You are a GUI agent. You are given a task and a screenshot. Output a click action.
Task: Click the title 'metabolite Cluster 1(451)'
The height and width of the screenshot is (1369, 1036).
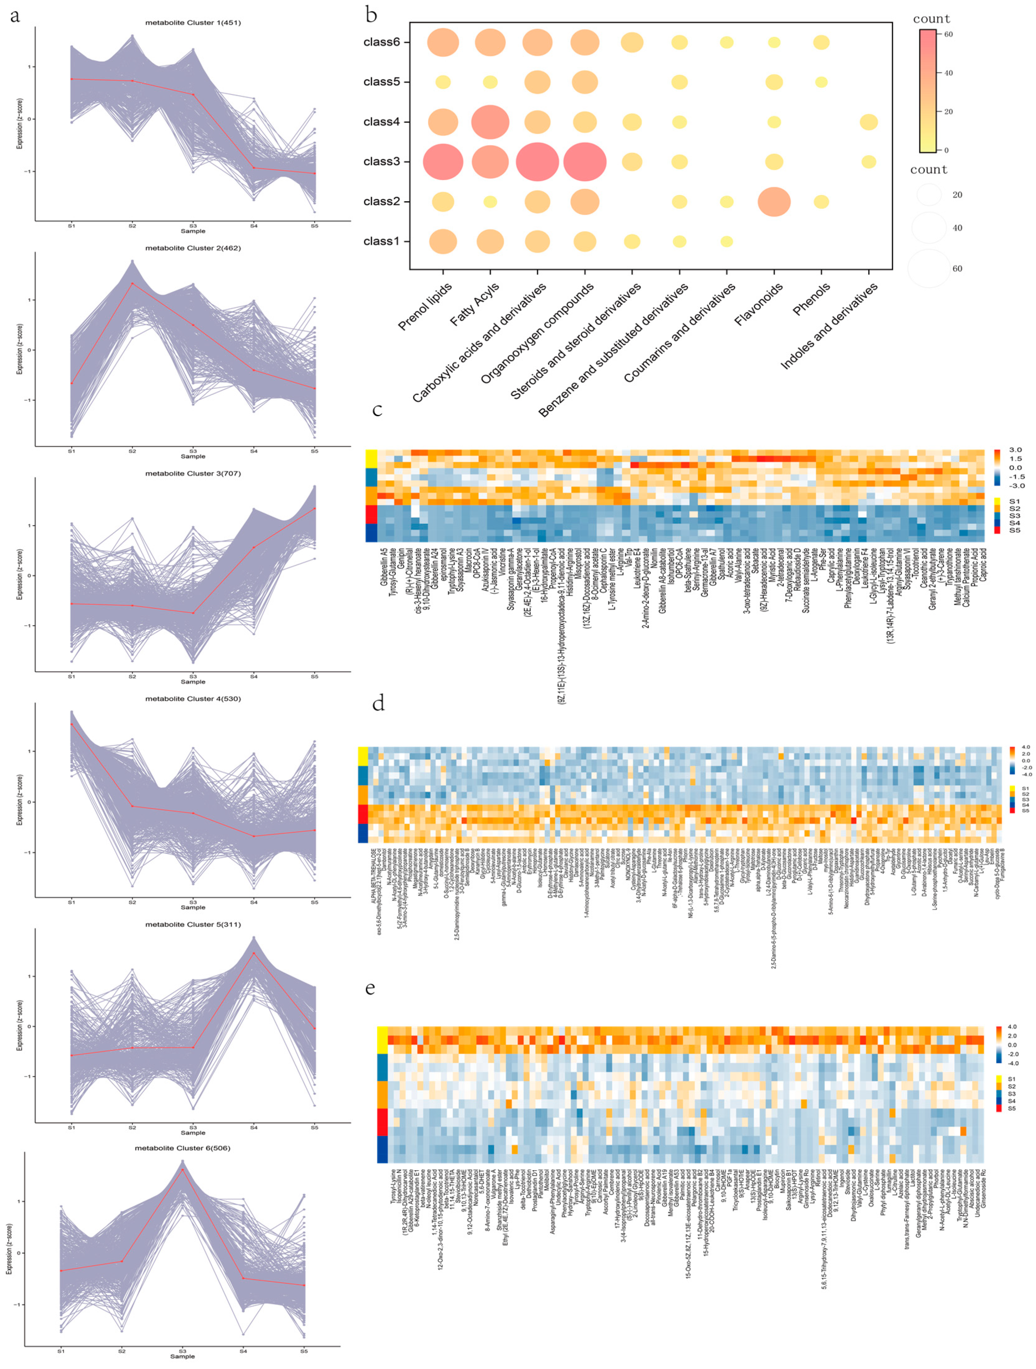(x=193, y=23)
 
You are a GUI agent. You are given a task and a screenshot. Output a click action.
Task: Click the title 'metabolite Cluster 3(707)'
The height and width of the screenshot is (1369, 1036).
(x=193, y=473)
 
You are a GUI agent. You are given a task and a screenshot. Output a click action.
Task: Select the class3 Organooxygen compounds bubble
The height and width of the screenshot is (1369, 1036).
(x=585, y=161)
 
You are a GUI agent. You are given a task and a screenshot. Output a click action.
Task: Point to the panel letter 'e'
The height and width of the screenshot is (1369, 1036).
(x=370, y=988)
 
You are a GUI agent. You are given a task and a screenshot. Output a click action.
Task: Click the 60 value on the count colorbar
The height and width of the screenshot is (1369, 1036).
(x=948, y=35)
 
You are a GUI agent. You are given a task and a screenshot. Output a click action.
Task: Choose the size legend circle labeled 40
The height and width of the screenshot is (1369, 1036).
(x=928, y=228)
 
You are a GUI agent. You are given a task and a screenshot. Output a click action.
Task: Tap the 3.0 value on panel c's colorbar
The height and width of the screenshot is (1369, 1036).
(x=1015, y=450)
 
